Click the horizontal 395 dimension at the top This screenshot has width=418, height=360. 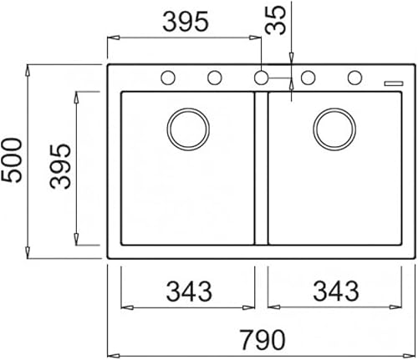point(185,23)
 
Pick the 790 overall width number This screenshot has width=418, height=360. point(261,339)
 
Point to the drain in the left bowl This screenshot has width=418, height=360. point(187,128)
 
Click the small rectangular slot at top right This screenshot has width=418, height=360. point(391,82)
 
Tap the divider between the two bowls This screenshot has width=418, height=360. point(261,167)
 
